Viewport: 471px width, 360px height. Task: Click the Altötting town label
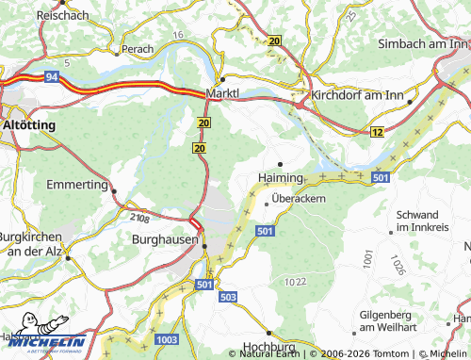(x=28, y=124)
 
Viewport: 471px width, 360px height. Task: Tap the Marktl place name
(x=224, y=94)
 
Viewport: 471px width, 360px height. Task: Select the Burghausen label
(x=166, y=239)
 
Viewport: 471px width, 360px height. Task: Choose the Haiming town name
(x=280, y=177)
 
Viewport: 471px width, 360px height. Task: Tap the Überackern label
(x=299, y=199)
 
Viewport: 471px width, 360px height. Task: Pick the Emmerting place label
(x=77, y=185)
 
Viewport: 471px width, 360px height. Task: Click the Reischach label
(x=62, y=16)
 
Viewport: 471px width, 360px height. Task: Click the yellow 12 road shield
(x=377, y=134)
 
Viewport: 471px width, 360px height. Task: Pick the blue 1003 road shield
(x=167, y=338)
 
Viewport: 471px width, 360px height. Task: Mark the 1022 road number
(x=295, y=281)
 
